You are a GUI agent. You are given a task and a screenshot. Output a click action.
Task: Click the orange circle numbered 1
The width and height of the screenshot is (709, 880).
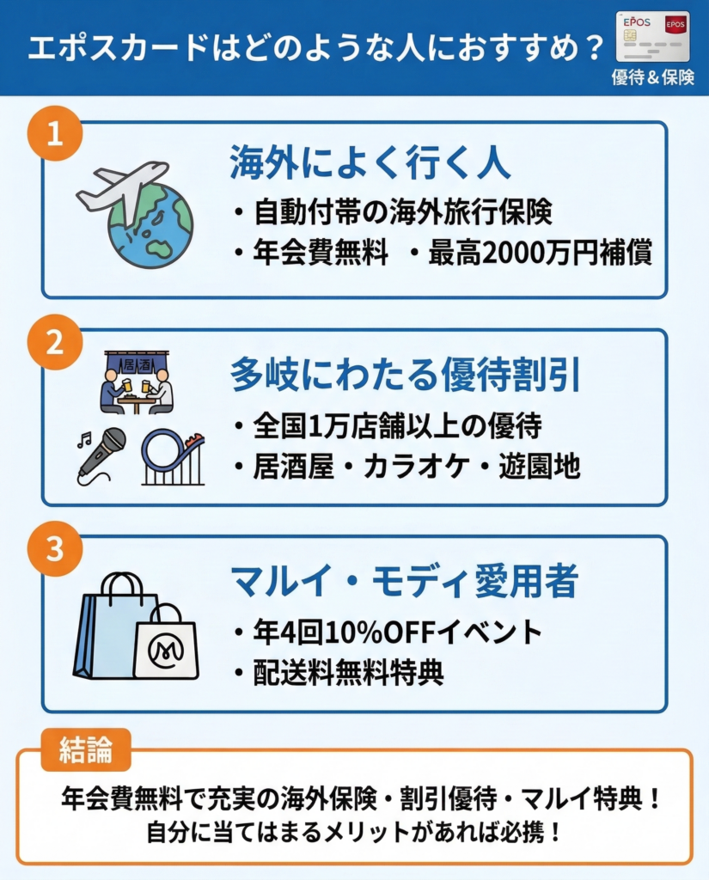[55, 133]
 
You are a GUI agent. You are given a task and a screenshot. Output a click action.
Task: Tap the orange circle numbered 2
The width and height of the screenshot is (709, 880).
[55, 342]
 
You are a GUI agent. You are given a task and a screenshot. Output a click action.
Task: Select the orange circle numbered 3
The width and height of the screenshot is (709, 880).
[55, 548]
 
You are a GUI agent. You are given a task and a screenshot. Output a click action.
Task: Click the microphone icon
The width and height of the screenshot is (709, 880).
[101, 455]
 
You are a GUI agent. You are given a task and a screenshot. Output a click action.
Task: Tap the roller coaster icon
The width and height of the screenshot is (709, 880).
[173, 457]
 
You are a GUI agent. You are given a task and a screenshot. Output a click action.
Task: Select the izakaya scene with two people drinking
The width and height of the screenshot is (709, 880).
[137, 382]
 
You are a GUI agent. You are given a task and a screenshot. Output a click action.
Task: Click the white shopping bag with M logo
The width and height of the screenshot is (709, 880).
[166, 642]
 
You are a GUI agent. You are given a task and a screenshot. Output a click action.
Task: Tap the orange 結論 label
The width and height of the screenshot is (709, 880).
[86, 749]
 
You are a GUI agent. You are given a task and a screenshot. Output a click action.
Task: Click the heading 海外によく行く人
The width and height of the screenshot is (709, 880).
[370, 162]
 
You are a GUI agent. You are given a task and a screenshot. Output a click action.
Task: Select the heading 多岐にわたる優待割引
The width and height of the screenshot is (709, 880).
[406, 374]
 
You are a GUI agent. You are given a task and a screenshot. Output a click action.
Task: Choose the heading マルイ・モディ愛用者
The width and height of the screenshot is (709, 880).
[404, 582]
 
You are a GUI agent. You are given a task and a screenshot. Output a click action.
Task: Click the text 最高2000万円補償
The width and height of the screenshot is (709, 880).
[540, 253]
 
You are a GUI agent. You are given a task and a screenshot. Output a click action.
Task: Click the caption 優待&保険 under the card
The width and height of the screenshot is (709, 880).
[653, 76]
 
